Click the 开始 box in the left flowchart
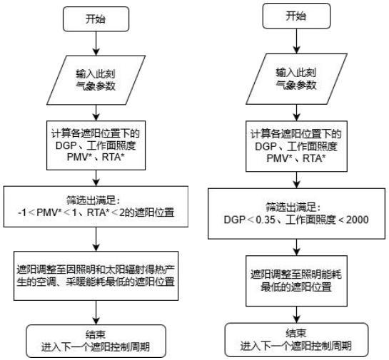pos(96,19)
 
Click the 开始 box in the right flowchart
pos(296,16)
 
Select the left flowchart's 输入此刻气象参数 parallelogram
pos(96,80)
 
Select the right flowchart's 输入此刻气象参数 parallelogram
pos(296,79)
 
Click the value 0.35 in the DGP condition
pos(266,220)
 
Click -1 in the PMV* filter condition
pos(22,212)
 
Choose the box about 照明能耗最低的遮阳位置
pos(296,281)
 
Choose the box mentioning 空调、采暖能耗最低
pos(96,276)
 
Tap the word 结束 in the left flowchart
pos(96,334)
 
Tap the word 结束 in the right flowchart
pos(296,333)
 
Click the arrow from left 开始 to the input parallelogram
pos(96,43)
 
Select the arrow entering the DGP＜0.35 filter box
pos(296,180)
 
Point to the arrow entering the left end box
pos(96,313)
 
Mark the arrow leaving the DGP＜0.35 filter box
pos(296,247)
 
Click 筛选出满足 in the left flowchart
pos(94,200)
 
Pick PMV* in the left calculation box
pos(78,158)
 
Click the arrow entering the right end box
pos(296,314)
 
